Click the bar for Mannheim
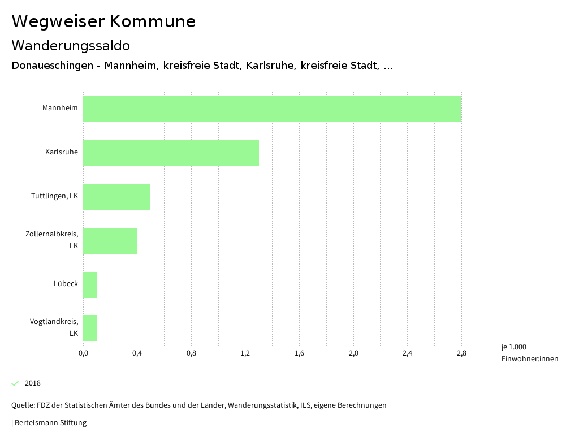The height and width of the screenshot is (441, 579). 272,109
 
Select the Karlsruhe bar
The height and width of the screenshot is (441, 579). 171,153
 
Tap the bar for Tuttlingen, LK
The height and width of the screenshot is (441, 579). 116,197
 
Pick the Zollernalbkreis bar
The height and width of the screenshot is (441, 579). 110,241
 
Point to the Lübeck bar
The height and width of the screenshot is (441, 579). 90,285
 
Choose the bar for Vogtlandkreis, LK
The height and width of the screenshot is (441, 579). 90,328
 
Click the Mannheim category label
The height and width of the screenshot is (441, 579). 60,107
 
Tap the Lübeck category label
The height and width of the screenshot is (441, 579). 66,283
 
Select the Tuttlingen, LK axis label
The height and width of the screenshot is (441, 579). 54,196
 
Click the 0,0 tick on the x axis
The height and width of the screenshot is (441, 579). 83,353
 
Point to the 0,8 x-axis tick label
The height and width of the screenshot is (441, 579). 191,353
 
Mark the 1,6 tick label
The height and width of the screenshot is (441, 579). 299,353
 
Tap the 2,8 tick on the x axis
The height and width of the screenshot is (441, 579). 461,353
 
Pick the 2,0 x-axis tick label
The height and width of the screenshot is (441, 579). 353,353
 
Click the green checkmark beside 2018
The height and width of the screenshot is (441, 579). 15,383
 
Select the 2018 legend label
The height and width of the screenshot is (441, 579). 33,383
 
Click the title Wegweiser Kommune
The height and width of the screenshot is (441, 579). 103,21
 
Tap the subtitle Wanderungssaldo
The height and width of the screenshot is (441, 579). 71,45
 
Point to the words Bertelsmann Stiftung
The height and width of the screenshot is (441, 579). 50,422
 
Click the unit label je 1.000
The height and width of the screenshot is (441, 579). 513,347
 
